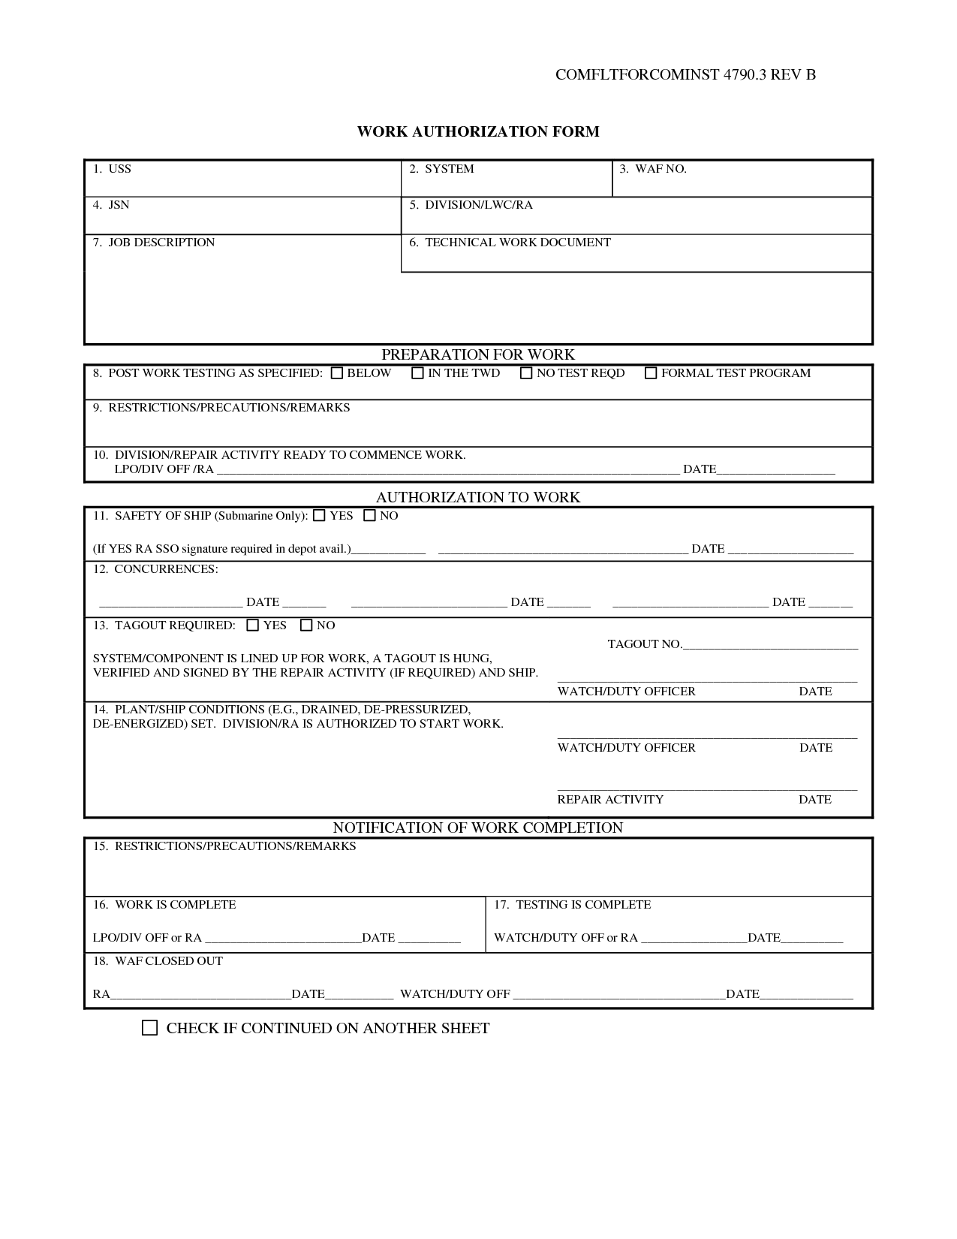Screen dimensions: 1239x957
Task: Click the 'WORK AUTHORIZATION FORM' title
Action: (478, 132)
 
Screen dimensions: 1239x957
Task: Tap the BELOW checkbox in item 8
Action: (337, 373)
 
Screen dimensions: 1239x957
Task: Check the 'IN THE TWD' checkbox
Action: (418, 373)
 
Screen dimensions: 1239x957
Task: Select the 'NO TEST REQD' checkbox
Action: (526, 373)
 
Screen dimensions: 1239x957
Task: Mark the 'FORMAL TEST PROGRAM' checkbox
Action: (651, 373)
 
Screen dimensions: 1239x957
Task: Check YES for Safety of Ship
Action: (320, 516)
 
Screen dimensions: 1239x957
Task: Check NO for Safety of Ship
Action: (369, 516)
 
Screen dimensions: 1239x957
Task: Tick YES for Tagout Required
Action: (253, 626)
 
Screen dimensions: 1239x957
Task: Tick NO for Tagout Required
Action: (306, 626)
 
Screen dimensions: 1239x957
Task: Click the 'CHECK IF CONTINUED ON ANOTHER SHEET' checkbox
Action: (150, 1028)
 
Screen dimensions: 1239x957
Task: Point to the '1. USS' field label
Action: (112, 169)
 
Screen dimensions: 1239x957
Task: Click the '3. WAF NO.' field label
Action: (653, 169)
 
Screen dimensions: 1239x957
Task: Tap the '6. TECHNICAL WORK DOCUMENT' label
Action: (510, 243)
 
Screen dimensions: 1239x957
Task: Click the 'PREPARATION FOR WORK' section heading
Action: (478, 354)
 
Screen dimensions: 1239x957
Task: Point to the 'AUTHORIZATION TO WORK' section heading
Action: (478, 497)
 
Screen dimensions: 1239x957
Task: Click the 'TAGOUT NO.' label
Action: (644, 644)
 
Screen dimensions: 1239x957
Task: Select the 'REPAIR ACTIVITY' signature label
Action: (610, 800)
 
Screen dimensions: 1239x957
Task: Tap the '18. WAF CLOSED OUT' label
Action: (158, 961)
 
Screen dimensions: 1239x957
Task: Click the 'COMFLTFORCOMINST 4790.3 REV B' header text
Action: (685, 74)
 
